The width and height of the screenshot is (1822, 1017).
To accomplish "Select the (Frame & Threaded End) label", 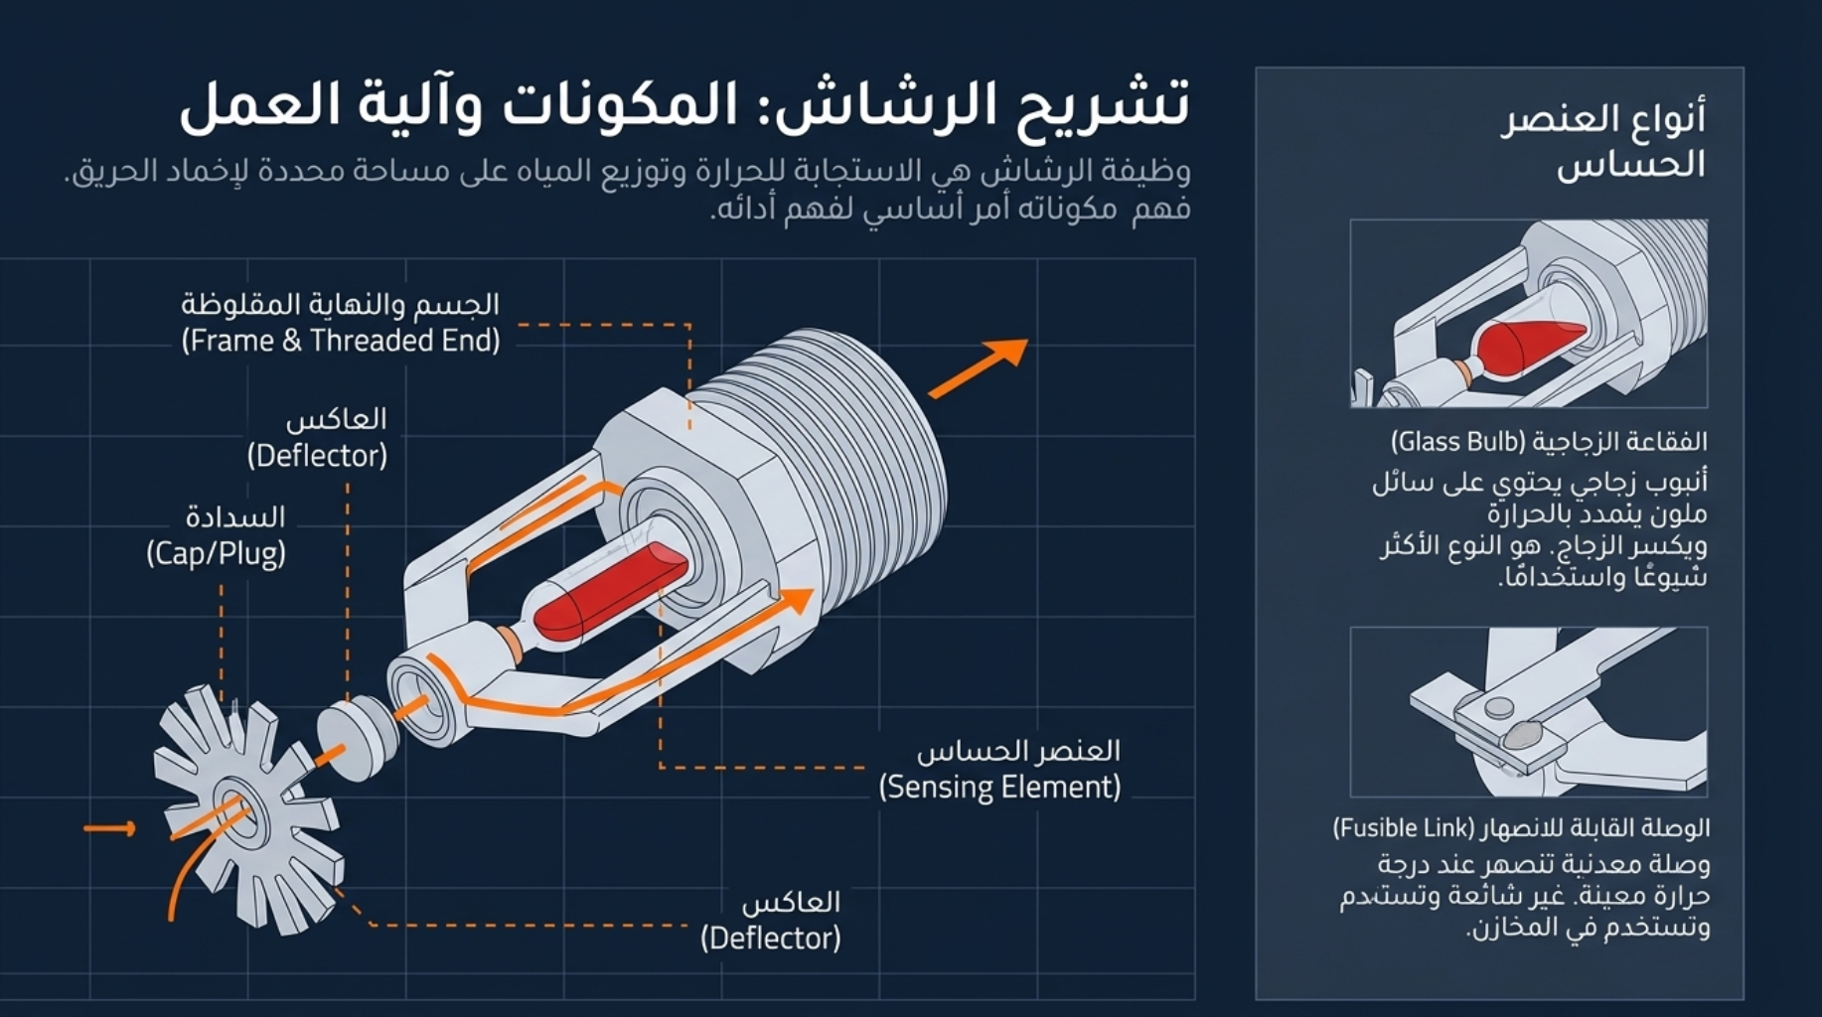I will pyautogui.click(x=340, y=342).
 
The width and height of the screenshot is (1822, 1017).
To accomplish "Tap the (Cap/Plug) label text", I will pyautogui.click(x=216, y=553).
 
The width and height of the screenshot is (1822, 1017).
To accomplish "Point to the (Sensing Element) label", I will pyautogui.click(x=999, y=788).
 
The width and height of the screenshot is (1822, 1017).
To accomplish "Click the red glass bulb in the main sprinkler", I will pyautogui.click(x=607, y=591).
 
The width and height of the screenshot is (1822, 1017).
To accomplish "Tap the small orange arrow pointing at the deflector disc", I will pyautogui.click(x=110, y=828).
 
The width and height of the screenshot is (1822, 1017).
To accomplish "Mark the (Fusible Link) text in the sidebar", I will pyautogui.click(x=1404, y=828).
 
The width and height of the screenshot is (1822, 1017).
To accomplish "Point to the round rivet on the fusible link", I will pyautogui.click(x=1499, y=708).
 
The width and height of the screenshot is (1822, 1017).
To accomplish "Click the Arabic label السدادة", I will pyautogui.click(x=235, y=516).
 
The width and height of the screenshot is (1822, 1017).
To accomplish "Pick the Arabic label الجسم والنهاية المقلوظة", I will pyautogui.click(x=340, y=304).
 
